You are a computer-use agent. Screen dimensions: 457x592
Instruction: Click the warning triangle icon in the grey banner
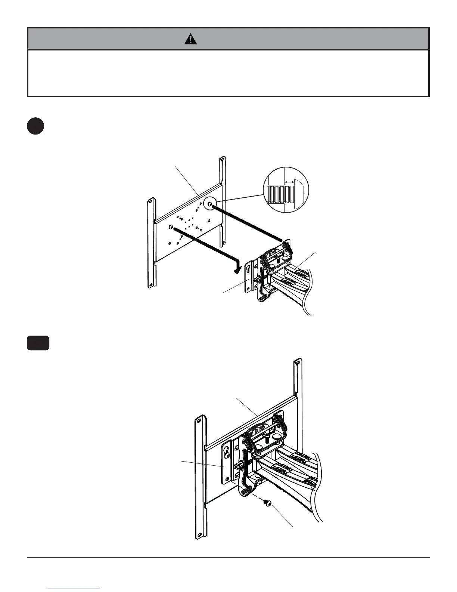190,39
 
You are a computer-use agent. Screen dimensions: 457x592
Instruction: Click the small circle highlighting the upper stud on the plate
210,204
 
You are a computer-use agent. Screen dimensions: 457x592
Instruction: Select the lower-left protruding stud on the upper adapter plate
171,227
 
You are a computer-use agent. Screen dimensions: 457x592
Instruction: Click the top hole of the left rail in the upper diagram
150,202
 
